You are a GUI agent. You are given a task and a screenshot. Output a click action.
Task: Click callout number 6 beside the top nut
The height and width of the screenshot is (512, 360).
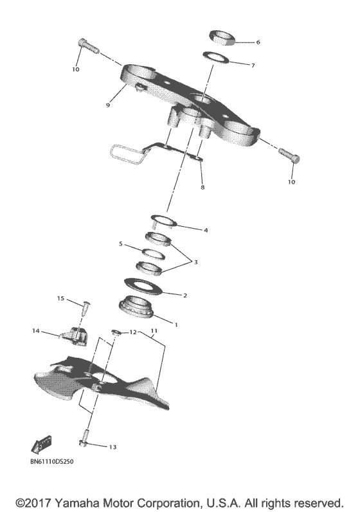point(258,42)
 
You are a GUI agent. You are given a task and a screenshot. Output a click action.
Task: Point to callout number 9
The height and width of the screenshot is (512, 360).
point(109,105)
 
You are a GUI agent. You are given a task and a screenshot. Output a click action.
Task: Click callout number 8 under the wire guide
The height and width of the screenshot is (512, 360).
point(203,188)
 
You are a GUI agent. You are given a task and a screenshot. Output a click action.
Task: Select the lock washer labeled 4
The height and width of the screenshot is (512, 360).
point(165,221)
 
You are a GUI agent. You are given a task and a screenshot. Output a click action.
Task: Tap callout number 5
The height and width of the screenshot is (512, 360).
point(120,244)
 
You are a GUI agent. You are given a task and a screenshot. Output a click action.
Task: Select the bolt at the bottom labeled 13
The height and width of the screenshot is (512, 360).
point(84,443)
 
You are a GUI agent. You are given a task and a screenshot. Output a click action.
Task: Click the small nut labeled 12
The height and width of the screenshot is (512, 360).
point(115,332)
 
